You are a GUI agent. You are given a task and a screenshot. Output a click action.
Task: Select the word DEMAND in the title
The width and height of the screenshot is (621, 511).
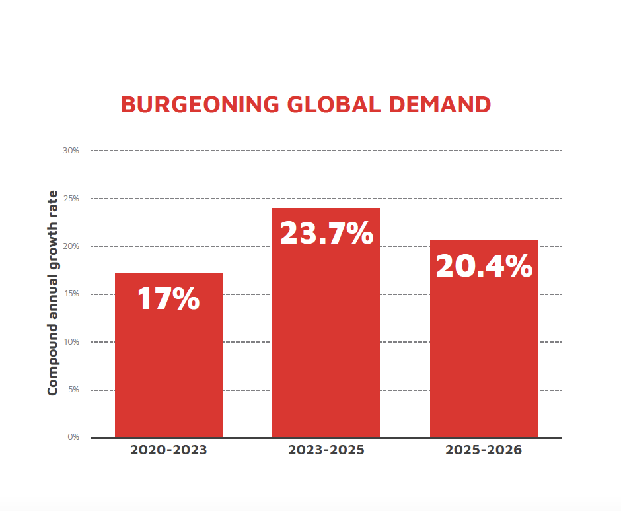(x=440, y=104)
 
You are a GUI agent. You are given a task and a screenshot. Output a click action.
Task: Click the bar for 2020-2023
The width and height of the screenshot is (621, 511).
(x=168, y=370)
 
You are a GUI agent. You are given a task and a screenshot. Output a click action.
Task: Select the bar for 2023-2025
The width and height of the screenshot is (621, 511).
(x=326, y=343)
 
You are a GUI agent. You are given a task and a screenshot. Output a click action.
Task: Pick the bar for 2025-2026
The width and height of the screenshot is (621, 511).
(x=484, y=357)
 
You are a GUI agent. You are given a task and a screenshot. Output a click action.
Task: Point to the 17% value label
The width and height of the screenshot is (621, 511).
(x=168, y=298)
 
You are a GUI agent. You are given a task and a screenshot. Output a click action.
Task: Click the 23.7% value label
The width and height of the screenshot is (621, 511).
(x=326, y=233)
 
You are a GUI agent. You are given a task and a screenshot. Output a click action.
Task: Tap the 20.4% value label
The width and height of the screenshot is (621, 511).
(x=484, y=266)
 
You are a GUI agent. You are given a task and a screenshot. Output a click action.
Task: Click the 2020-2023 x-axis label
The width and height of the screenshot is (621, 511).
(x=168, y=450)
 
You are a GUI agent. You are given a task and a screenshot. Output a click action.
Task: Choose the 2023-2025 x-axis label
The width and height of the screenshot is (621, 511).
(x=326, y=450)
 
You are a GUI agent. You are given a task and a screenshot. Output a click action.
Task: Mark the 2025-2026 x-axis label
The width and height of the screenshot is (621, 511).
(x=484, y=450)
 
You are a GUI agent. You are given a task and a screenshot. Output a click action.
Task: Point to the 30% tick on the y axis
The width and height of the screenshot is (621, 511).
(x=71, y=151)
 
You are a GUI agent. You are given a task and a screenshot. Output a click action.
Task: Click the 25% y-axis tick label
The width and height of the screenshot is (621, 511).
(x=71, y=198)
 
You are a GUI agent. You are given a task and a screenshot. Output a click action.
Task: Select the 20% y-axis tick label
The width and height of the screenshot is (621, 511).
(x=71, y=246)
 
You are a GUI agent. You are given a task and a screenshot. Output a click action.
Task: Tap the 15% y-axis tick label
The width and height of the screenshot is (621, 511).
(x=71, y=294)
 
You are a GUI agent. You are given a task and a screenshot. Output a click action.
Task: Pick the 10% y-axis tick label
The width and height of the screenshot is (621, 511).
(x=71, y=342)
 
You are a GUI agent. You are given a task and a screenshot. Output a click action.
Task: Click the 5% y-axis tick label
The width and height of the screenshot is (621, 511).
(x=73, y=390)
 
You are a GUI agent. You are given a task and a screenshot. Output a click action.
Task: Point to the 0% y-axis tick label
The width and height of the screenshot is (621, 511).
(x=73, y=437)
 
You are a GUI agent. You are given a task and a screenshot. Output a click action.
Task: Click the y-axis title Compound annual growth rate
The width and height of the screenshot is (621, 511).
(x=53, y=294)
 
